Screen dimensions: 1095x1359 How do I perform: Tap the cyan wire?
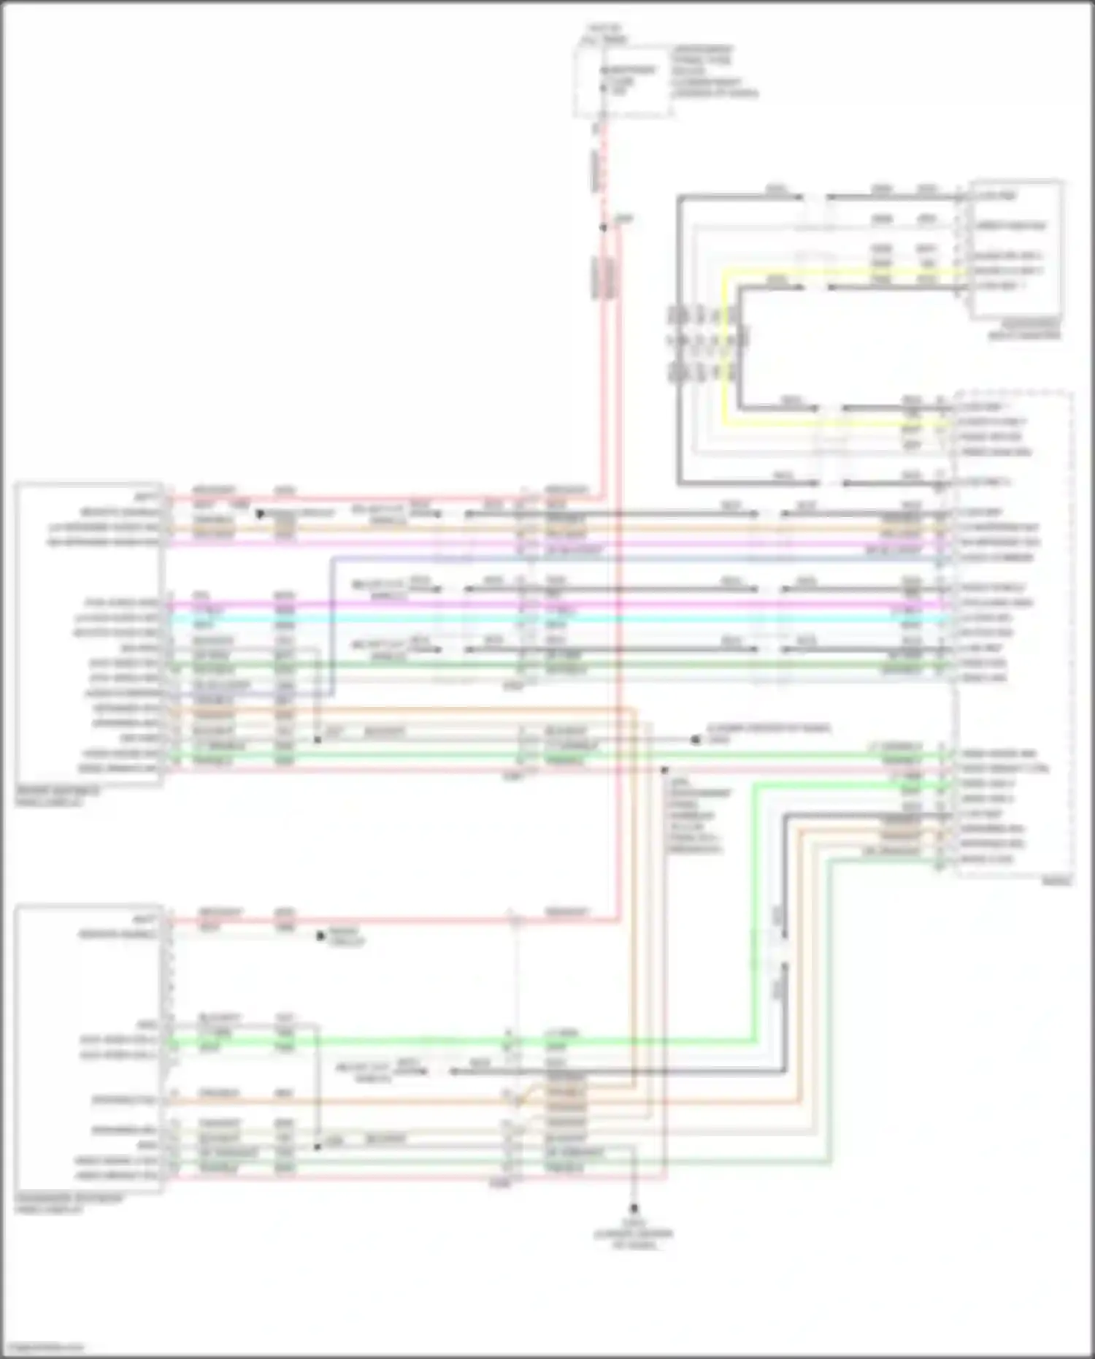555,619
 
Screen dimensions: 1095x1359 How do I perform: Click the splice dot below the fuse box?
604,228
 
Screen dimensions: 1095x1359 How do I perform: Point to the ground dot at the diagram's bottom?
634,1209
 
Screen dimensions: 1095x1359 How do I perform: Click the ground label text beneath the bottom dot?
634,1234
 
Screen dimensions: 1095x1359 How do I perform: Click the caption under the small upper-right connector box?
1025,329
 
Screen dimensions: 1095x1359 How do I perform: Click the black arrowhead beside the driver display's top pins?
260,514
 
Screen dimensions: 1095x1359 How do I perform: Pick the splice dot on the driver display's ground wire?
318,740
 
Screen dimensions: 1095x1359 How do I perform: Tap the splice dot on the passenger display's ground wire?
318,1146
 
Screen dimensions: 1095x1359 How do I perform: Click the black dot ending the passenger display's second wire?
320,935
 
